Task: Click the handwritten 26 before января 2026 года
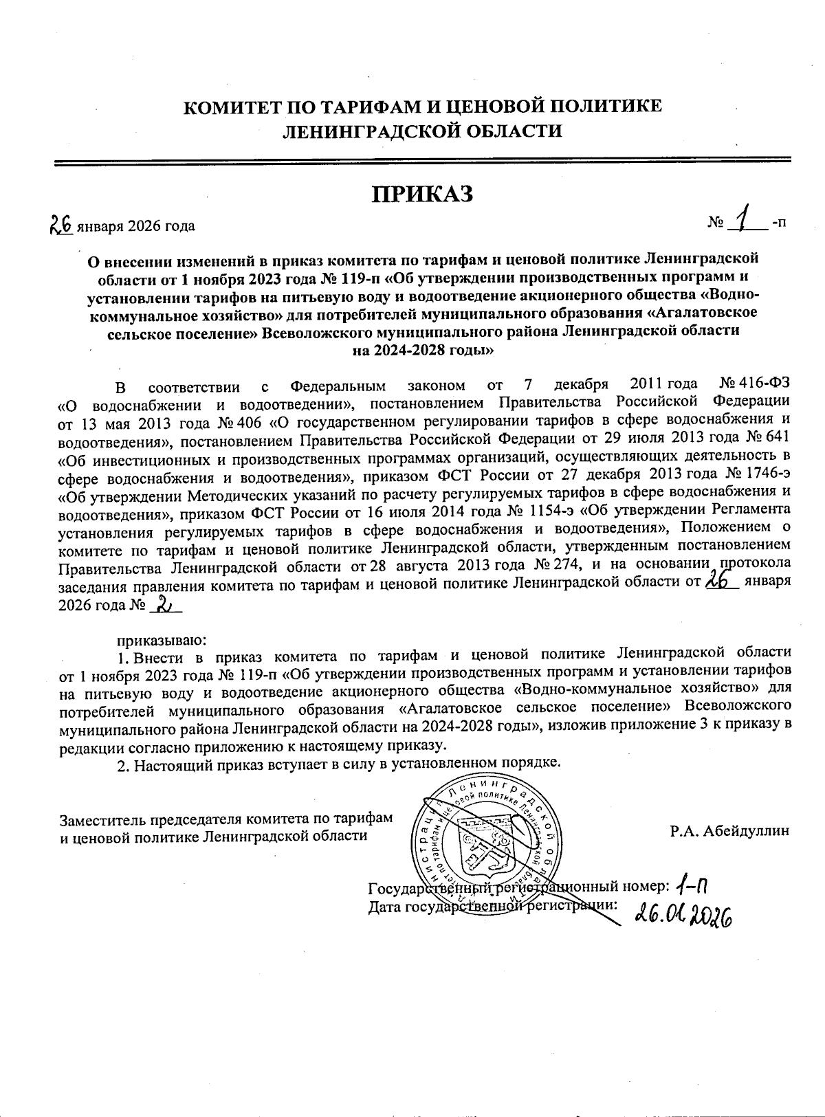[x=62, y=223]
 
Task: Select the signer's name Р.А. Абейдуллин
[x=730, y=830]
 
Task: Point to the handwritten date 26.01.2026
[x=682, y=912]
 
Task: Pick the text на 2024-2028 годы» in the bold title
[x=423, y=349]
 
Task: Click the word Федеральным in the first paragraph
[x=337, y=384]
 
